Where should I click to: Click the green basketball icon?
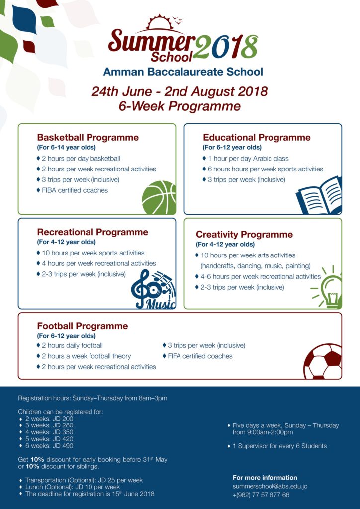[x=159, y=197]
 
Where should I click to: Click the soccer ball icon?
[x=323, y=362]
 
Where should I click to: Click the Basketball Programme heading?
[x=88, y=138]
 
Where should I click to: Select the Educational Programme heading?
[x=256, y=138]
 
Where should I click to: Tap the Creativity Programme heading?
[x=244, y=235]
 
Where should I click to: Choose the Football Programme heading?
[x=82, y=326]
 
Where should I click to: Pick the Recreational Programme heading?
[x=92, y=232]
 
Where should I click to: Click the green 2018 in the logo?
[x=226, y=48]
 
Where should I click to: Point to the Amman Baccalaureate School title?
[x=183, y=72]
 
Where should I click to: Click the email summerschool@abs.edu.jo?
[x=270, y=486]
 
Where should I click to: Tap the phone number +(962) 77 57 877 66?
[x=261, y=495]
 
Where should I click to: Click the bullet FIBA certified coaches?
[x=75, y=190]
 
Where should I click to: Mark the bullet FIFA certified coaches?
[x=199, y=356]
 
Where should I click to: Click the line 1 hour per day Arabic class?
[x=248, y=159]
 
